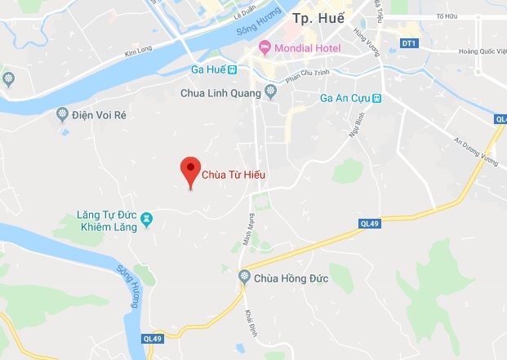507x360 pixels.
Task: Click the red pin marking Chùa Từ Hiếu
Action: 190,170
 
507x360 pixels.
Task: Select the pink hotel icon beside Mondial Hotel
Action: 264,47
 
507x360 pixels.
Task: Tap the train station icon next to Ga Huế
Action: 233,69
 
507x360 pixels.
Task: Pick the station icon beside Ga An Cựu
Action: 377,99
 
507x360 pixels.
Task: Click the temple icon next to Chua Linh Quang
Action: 271,92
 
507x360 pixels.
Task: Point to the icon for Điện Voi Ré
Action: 61,114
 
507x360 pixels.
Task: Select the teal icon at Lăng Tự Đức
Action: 146,219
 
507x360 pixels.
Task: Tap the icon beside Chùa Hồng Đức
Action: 243,278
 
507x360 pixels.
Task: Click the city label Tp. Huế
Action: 318,18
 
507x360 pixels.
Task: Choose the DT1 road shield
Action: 409,43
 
